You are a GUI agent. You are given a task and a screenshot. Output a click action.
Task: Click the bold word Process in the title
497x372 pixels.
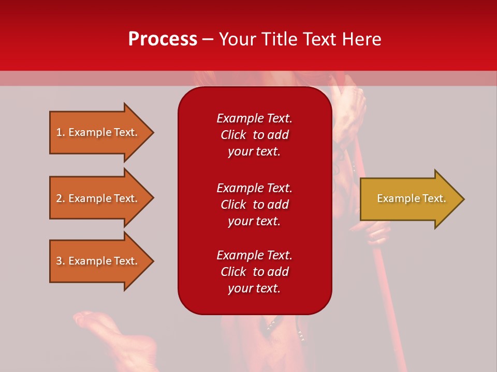(x=163, y=39)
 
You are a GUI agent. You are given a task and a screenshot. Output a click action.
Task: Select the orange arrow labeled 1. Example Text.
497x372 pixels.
(x=98, y=132)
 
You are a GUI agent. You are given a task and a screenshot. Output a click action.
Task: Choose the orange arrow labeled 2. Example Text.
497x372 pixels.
(x=98, y=198)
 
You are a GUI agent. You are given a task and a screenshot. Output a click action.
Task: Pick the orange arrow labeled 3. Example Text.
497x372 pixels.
(x=98, y=261)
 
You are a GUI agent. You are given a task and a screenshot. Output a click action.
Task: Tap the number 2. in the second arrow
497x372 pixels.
(x=61, y=198)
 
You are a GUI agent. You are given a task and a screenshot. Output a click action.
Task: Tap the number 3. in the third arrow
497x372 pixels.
(x=61, y=261)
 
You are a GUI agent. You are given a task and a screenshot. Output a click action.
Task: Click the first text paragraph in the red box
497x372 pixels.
(x=254, y=135)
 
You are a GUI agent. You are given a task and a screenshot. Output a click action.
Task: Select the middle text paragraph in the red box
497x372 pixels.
(x=254, y=205)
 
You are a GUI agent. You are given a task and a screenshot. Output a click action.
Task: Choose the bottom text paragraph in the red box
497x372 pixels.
(x=254, y=272)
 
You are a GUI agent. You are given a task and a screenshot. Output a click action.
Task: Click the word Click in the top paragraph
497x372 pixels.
(x=233, y=135)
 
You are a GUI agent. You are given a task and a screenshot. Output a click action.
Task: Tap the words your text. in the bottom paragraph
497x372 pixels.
(x=254, y=288)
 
